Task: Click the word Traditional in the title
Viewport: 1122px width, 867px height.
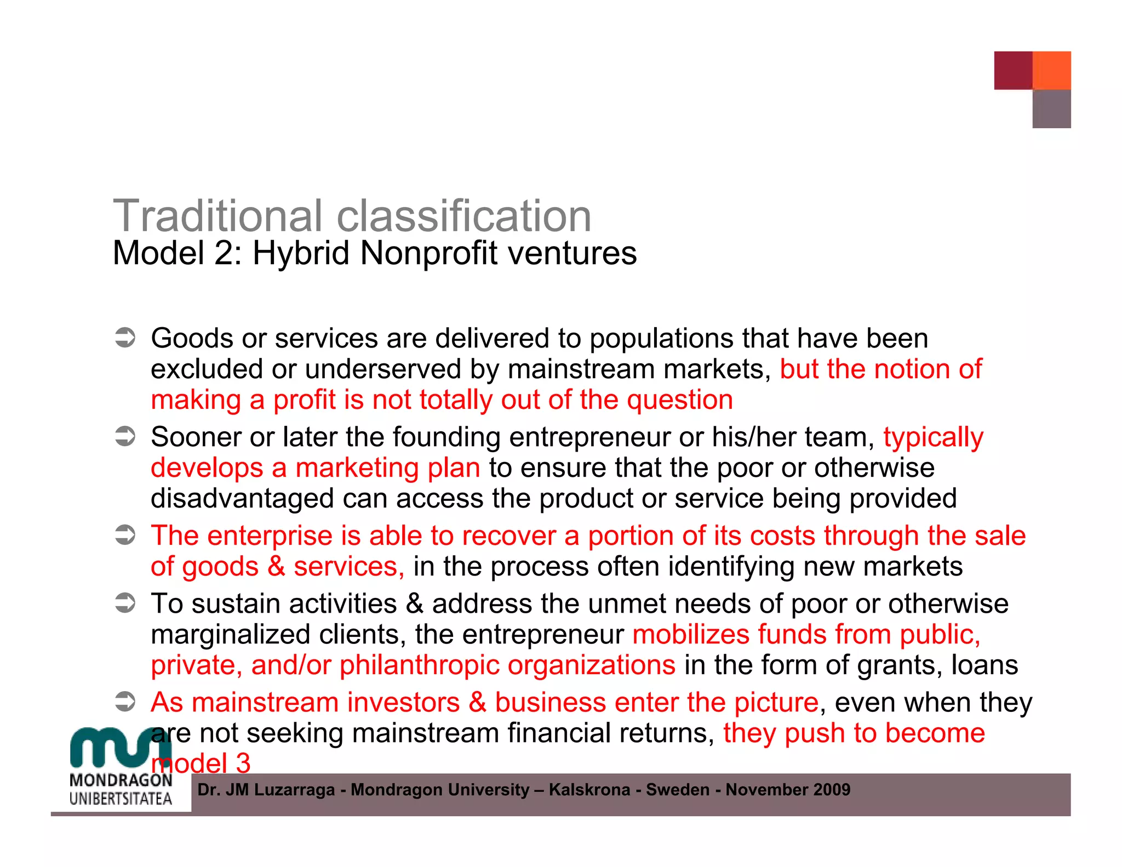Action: [x=217, y=216]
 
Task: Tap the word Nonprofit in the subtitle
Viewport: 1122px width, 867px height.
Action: [x=429, y=253]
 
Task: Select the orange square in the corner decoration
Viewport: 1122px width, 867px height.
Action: [x=1051, y=70]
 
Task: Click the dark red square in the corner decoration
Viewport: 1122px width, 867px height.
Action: [x=1013, y=70]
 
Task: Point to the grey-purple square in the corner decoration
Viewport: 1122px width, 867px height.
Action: [x=1051, y=109]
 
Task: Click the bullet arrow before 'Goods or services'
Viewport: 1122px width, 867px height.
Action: [x=125, y=338]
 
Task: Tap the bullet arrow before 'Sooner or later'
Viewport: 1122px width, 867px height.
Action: [x=125, y=437]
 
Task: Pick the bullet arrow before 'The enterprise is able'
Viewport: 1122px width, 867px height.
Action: [x=125, y=535]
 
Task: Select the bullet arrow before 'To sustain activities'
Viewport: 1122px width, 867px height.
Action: [x=125, y=603]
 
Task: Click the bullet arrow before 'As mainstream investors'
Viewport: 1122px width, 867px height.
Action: [x=125, y=702]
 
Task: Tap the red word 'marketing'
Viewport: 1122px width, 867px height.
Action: [x=357, y=469]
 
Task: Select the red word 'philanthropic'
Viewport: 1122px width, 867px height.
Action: [x=420, y=665]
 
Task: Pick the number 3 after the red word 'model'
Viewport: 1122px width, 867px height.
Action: [x=243, y=763]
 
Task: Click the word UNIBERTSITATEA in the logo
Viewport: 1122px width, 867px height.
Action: [x=121, y=798]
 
